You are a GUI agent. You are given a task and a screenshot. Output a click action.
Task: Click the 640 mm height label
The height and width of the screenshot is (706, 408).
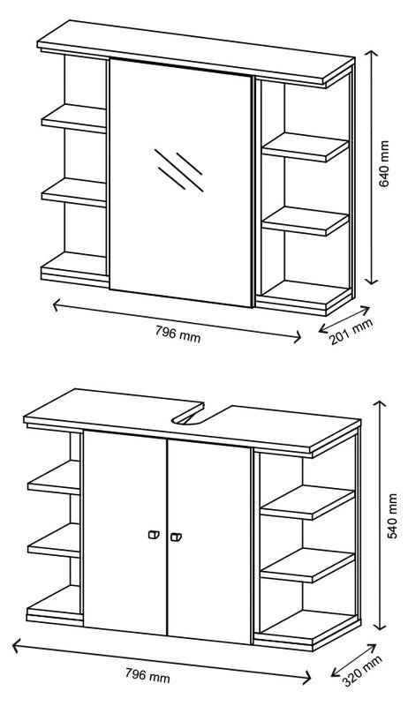[383, 163]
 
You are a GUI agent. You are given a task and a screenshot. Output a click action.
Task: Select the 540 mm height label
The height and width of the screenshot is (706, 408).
[393, 516]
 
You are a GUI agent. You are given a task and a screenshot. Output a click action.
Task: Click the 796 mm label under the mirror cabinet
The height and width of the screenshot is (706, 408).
[178, 334]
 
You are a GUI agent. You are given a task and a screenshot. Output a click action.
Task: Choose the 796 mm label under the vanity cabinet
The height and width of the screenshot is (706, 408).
[147, 675]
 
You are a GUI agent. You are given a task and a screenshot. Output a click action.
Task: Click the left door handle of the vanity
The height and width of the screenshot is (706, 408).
[154, 535]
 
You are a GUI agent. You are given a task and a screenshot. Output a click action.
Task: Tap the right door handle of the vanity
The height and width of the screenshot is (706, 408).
[176, 537]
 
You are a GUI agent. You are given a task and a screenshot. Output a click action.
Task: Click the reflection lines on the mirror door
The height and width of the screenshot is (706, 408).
[178, 169]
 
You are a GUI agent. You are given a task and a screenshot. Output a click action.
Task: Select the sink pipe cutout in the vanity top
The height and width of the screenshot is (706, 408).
[188, 417]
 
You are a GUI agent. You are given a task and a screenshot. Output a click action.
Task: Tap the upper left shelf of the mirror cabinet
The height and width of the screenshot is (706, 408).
[74, 118]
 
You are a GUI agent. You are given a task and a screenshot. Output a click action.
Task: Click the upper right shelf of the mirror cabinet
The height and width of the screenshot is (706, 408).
[306, 147]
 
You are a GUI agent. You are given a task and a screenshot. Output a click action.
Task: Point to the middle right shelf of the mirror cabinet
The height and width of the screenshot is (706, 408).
[306, 222]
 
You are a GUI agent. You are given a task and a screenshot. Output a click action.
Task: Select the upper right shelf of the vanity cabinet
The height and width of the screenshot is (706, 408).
[307, 502]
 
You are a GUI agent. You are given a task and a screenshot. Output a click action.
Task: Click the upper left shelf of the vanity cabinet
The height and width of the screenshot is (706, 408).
[54, 477]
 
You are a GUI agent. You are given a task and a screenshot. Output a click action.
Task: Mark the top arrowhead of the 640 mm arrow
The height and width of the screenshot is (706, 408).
[371, 56]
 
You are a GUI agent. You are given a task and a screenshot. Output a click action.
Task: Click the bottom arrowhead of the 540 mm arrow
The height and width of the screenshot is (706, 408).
[381, 626]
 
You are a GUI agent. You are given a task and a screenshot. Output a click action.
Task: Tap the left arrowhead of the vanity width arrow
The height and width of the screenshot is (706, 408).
[17, 646]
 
